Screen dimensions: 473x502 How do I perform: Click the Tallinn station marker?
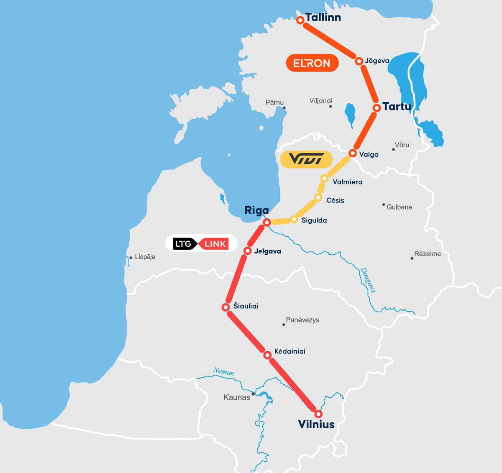pyautogui.click(x=300, y=20)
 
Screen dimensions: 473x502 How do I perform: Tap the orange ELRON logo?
pyautogui.click(x=312, y=63)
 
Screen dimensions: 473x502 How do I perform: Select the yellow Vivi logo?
pyautogui.click(x=306, y=159)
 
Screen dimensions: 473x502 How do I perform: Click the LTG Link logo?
pyautogui.click(x=201, y=243)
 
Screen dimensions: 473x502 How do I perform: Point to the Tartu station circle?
pyautogui.click(x=376, y=108)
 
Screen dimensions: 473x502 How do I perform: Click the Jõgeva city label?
pyautogui.click(x=377, y=61)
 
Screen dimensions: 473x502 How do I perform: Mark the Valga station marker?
pyautogui.click(x=353, y=153)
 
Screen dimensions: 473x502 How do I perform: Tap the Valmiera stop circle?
pyautogui.click(x=324, y=179)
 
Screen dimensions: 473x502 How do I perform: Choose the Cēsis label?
pyautogui.click(x=335, y=200)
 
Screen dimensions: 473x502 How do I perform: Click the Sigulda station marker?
pyautogui.click(x=294, y=220)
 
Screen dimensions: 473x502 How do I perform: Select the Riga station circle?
pyautogui.click(x=267, y=222)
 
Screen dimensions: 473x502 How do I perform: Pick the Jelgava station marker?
pyautogui.click(x=247, y=251)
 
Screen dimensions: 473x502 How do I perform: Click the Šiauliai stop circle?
pyautogui.click(x=226, y=307)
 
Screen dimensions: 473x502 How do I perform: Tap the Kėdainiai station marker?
pyautogui.click(x=267, y=355)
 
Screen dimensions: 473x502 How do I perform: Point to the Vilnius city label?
pyautogui.click(x=316, y=424)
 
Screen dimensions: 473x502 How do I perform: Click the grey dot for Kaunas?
pyautogui.click(x=253, y=394)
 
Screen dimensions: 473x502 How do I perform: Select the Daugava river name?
pyautogui.click(x=368, y=280)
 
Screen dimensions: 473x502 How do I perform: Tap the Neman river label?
pyautogui.click(x=224, y=371)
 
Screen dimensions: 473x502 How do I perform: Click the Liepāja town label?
pyautogui.click(x=145, y=257)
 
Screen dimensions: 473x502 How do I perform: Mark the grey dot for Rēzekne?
pyautogui.click(x=412, y=258)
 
